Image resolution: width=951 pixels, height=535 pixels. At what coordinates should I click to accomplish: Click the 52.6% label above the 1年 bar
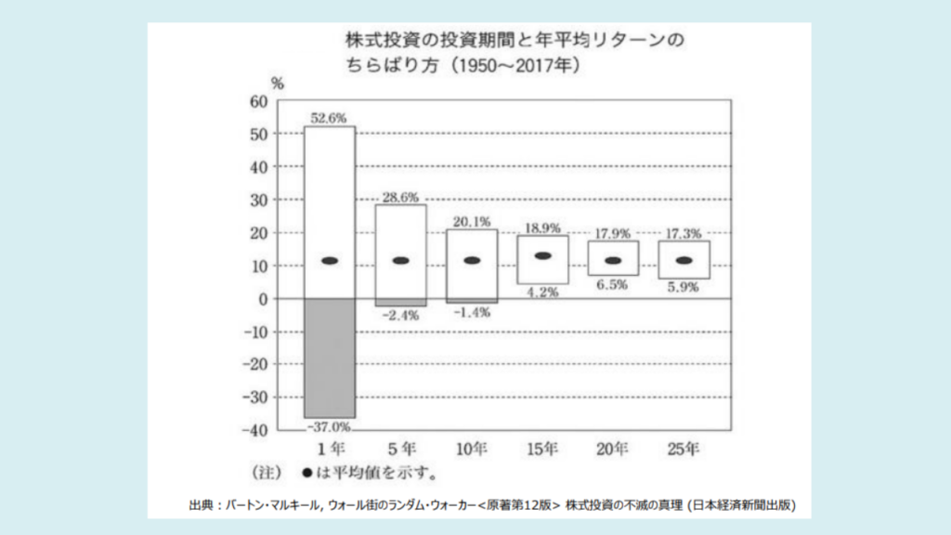(330, 117)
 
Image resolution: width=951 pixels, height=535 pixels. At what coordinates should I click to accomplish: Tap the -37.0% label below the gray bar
(330, 426)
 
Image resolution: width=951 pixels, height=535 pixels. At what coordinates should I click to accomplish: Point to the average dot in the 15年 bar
(543, 255)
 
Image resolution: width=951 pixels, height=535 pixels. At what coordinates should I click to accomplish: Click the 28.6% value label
(401, 197)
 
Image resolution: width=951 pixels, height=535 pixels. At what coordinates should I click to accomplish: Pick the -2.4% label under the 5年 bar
(401, 315)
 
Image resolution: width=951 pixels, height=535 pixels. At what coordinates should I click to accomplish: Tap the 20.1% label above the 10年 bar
(472, 221)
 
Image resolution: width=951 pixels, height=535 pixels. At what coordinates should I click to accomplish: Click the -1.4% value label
(472, 312)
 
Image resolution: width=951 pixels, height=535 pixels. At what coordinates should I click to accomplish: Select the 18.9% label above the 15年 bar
(543, 227)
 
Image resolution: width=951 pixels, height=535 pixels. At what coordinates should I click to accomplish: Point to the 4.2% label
(543, 292)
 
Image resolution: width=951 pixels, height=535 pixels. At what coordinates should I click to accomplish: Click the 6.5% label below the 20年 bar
(614, 284)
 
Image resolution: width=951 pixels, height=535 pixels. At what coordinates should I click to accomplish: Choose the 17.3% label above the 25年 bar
(684, 232)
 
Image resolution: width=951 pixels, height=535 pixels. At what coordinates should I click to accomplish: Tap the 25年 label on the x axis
(684, 450)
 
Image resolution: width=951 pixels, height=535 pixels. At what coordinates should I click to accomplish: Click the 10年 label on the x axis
(472, 450)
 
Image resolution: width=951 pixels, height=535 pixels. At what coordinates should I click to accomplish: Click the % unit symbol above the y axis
(277, 82)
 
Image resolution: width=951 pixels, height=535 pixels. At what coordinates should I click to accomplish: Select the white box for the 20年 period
(614, 258)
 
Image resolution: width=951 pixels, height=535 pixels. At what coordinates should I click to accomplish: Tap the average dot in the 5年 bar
(401, 260)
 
